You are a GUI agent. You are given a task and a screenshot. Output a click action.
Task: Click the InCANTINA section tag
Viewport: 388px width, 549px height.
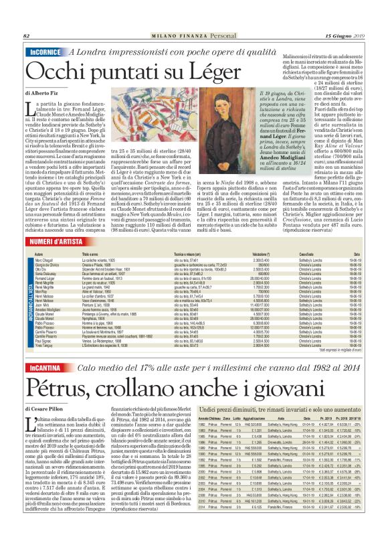pos(44,368)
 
